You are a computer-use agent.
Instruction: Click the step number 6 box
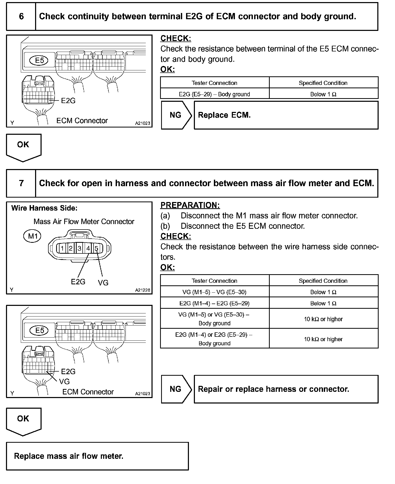(x=21, y=17)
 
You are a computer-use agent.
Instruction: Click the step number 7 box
(x=21, y=183)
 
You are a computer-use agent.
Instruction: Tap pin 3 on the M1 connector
(x=79, y=248)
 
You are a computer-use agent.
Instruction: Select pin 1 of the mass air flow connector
(x=62, y=248)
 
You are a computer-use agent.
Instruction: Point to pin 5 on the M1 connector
(x=96, y=248)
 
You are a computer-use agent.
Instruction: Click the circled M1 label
(x=32, y=236)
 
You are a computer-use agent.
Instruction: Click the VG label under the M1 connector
(x=103, y=283)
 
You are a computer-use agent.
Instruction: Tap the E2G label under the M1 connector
(x=78, y=282)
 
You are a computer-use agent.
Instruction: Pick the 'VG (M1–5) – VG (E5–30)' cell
(x=214, y=292)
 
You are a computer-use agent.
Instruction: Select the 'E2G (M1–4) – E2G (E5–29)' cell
(x=214, y=303)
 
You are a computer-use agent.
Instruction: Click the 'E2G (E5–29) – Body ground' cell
(x=214, y=94)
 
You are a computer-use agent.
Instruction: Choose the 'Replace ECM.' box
(x=286, y=115)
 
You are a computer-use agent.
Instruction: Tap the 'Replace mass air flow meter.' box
(x=97, y=456)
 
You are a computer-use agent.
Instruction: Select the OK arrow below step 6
(x=23, y=147)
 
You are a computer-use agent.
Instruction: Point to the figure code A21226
(x=142, y=290)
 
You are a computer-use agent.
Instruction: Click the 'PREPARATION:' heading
(x=190, y=205)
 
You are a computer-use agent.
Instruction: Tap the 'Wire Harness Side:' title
(x=44, y=208)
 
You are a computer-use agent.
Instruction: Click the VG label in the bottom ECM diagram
(x=64, y=381)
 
